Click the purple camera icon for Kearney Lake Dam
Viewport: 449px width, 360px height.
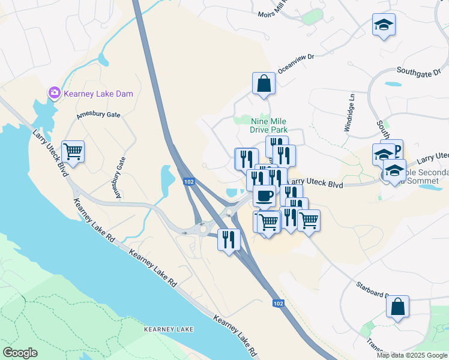coord(55,92)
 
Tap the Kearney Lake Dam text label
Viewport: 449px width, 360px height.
coord(99,94)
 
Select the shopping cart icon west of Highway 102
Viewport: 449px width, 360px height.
coord(73,152)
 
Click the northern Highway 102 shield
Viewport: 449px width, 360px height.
coord(189,182)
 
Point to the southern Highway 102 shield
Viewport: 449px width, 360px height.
coord(278,304)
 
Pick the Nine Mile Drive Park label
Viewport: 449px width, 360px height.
coord(269,125)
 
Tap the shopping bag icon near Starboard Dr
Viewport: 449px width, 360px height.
coord(397,307)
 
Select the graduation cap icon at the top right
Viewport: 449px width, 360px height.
coord(384,25)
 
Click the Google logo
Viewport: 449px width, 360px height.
coord(20,353)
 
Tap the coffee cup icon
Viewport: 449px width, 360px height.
coord(264,195)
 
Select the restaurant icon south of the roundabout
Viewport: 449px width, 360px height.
coord(229,240)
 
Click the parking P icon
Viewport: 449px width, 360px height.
coord(396,148)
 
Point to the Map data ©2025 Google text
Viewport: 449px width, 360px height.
coord(412,355)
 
